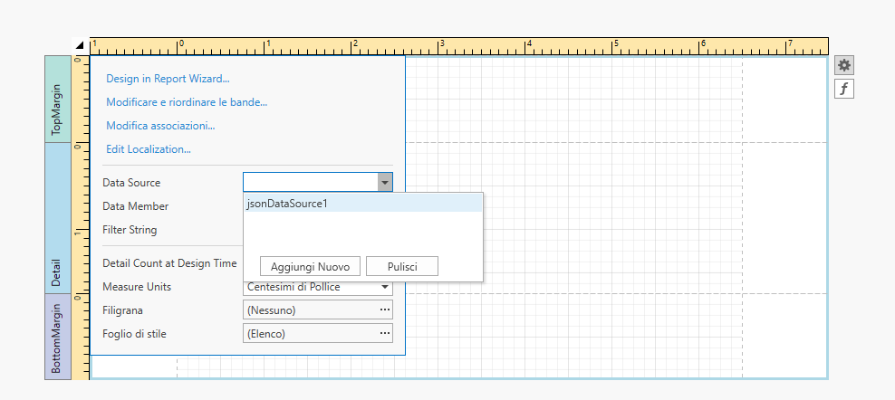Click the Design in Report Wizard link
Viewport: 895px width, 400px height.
(x=168, y=79)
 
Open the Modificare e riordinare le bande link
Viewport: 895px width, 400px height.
(x=187, y=102)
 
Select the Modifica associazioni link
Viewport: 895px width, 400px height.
(x=160, y=126)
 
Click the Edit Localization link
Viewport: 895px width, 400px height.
(x=149, y=149)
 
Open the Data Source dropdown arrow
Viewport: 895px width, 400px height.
(x=385, y=183)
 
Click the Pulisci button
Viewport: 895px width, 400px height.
(x=402, y=266)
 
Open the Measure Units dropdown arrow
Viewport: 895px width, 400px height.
(x=385, y=287)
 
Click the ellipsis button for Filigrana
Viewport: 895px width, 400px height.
(x=385, y=310)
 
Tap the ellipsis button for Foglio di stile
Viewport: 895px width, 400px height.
(x=385, y=333)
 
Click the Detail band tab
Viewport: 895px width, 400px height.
(x=58, y=218)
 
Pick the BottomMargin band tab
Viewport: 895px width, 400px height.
(x=58, y=337)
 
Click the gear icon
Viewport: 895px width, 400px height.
(x=844, y=66)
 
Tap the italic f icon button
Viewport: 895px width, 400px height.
(x=844, y=89)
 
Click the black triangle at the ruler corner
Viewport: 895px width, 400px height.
(x=80, y=45)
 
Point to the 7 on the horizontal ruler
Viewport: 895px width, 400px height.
(x=791, y=43)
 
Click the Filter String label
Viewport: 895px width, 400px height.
(x=130, y=230)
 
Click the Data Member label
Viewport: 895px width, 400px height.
(x=135, y=206)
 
